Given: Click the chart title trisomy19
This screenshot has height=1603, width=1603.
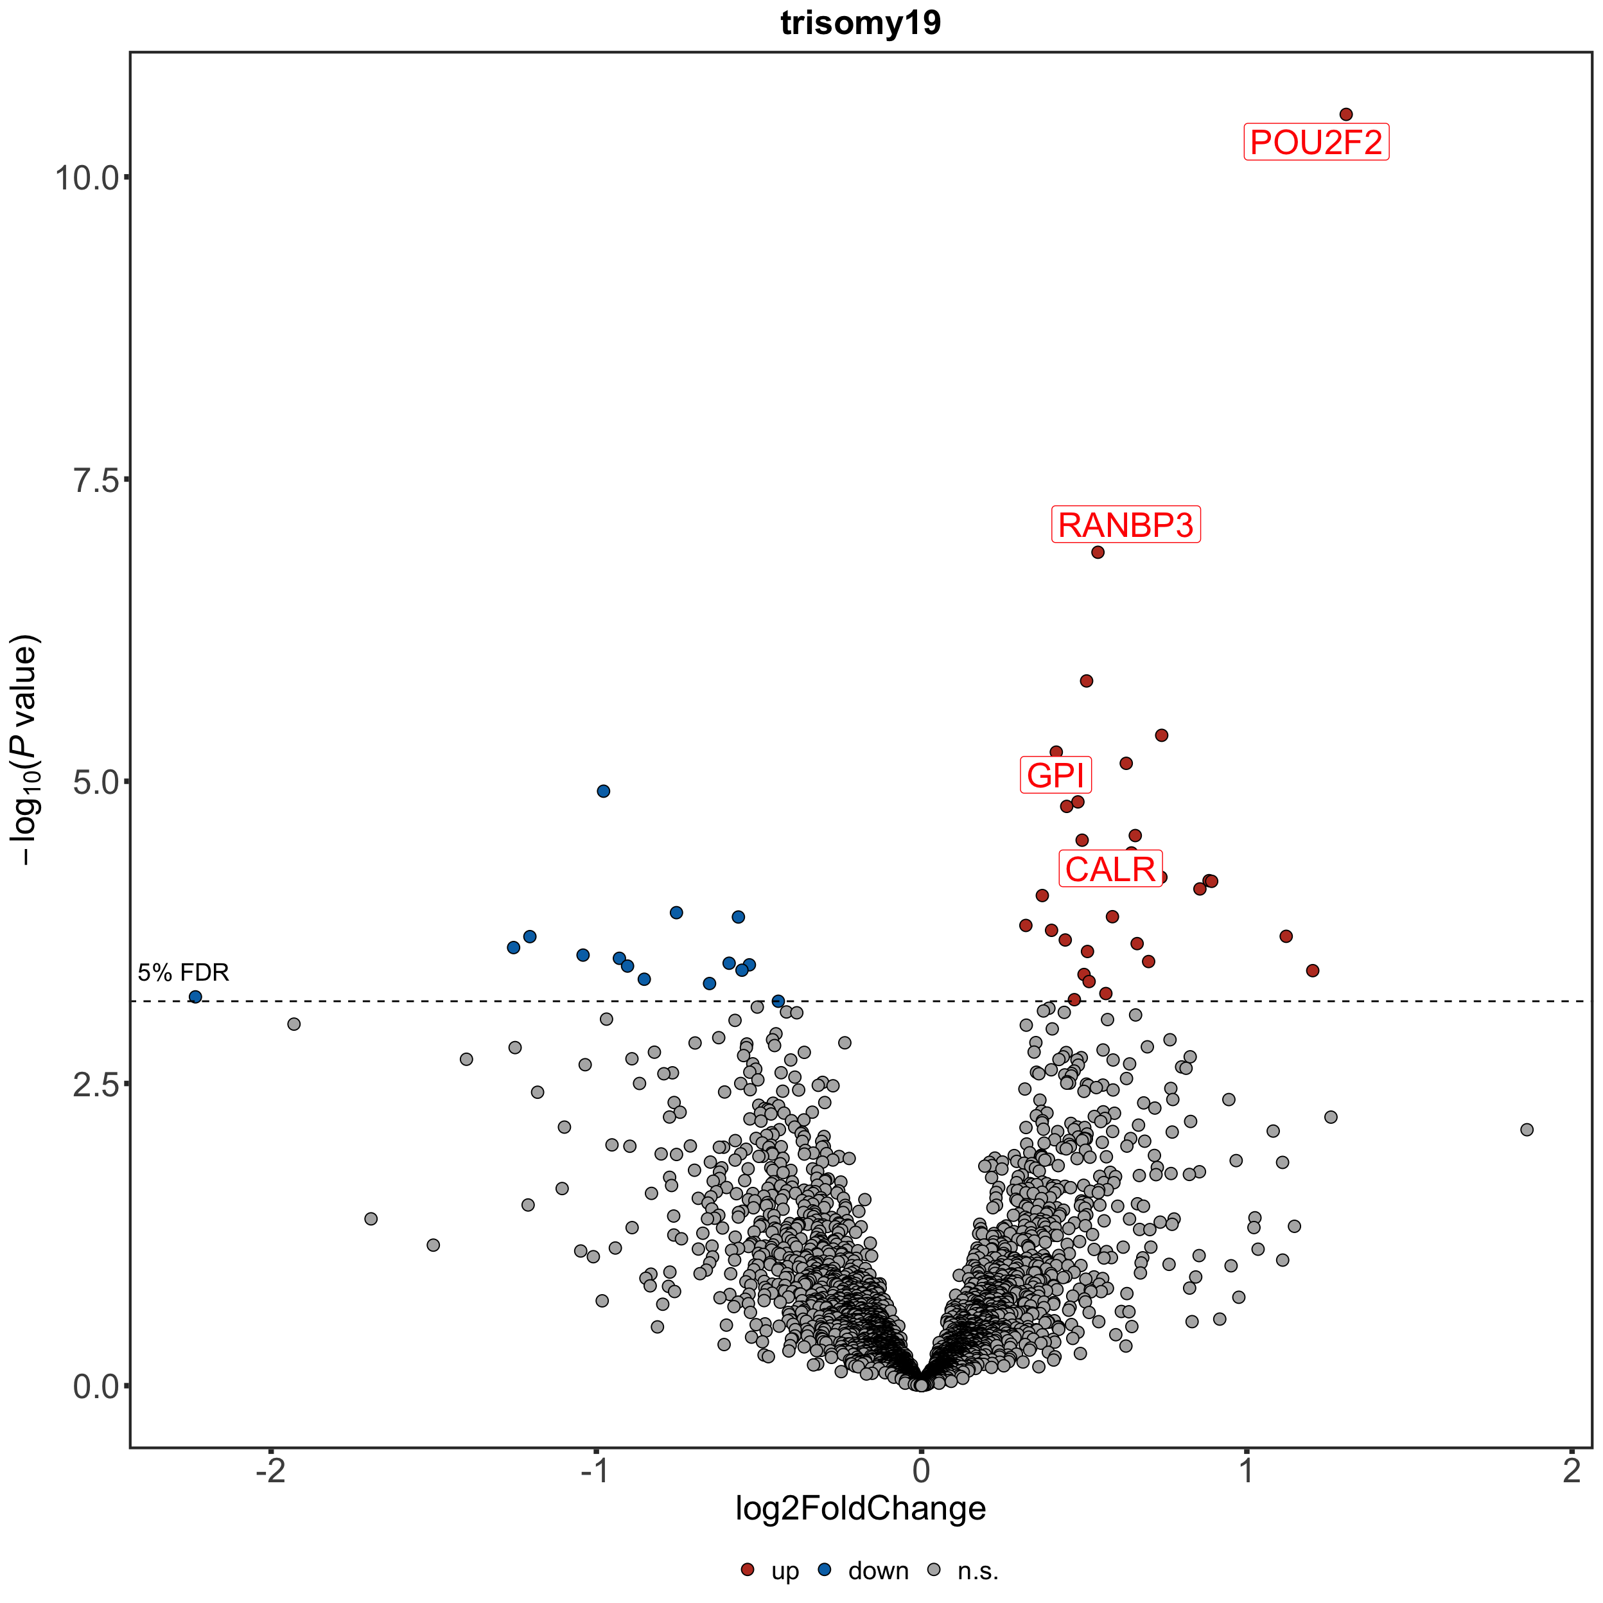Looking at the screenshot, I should point(861,23).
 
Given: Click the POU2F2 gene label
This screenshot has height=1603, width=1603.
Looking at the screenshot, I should point(1316,143).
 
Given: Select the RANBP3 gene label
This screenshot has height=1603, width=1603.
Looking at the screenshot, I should point(1125,525).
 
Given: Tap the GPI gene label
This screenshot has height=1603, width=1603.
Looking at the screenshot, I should point(1055,776).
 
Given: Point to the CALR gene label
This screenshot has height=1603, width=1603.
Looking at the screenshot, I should point(1110,870).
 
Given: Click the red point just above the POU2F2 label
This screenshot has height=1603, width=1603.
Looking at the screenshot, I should point(1346,114).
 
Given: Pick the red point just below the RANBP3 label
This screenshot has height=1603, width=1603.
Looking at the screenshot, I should point(1098,552).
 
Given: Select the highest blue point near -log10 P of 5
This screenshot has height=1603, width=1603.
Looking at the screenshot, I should point(603,791).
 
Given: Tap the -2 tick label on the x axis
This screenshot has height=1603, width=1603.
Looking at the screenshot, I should point(270,1471).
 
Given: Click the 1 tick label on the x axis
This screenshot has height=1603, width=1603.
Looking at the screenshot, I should point(1246,1471).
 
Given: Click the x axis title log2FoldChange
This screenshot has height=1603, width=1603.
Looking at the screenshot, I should point(861,1509).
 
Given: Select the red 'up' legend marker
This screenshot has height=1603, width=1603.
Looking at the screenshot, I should point(748,1570).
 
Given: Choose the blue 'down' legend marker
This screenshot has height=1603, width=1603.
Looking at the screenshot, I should point(825,1570).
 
